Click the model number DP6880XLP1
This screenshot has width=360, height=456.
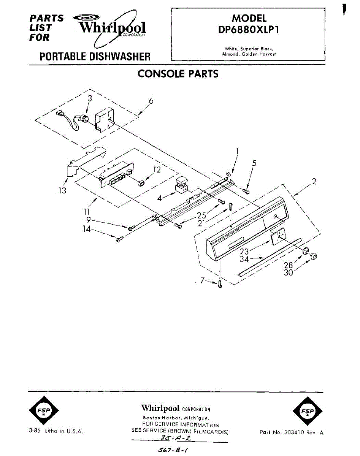[249, 30]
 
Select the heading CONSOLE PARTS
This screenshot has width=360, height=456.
[178, 74]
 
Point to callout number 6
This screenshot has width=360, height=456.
[151, 101]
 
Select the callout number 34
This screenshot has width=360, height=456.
[244, 259]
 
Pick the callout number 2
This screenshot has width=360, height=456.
[314, 182]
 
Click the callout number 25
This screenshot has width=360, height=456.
[201, 215]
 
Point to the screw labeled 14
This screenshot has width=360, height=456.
[119, 239]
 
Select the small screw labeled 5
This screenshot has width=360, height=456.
[246, 190]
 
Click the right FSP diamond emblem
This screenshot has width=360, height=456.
[305, 412]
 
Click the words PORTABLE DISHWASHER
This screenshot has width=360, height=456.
[95, 57]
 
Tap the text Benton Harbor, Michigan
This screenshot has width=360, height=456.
[175, 418]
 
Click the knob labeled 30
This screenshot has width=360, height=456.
[314, 257]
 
